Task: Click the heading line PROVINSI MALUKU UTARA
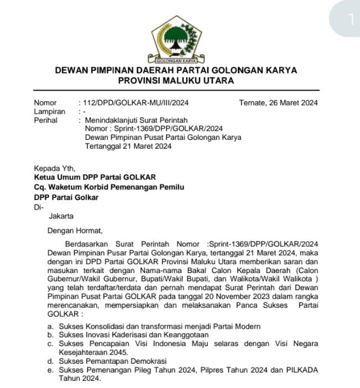(176, 81)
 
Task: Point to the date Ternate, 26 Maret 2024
(278, 102)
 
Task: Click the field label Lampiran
(49, 111)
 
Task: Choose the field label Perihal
(46, 120)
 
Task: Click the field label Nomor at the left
(45, 102)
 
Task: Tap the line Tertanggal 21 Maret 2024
(128, 146)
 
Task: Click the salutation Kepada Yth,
(54, 169)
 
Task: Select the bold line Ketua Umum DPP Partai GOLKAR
(95, 177)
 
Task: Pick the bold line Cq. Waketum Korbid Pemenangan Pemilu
(109, 187)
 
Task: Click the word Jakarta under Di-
(61, 216)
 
